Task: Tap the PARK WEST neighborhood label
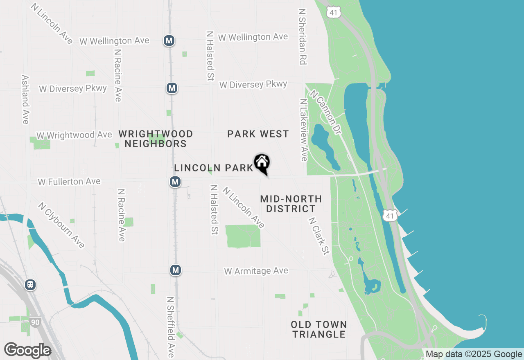coord(258,134)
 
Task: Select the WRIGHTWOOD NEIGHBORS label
coord(156,139)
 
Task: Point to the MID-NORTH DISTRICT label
coord(291,204)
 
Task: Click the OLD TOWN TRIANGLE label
coord(319,329)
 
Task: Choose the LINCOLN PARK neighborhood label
coord(214,168)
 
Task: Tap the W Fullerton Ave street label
coord(69,181)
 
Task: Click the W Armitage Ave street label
coord(256,271)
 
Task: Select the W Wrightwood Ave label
coord(74,135)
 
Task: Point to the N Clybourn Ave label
coord(61,225)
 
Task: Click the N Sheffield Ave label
coord(170,327)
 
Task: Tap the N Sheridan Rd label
coord(303,37)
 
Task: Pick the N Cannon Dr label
coord(325,112)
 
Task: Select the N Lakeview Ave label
coord(303,130)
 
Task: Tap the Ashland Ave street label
coord(25,99)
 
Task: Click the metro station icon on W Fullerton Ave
coord(175,182)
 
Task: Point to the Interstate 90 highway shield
coord(35,322)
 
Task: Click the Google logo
coord(27,351)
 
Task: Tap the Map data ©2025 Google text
coord(474,354)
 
